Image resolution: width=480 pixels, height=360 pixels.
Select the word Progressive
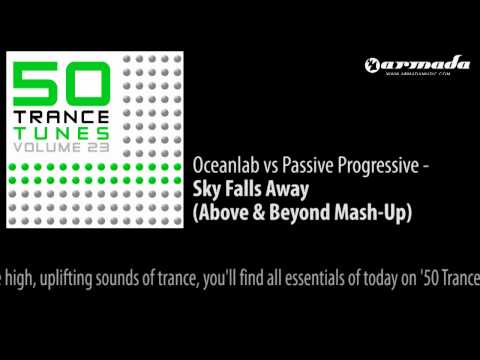pos(366,164)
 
